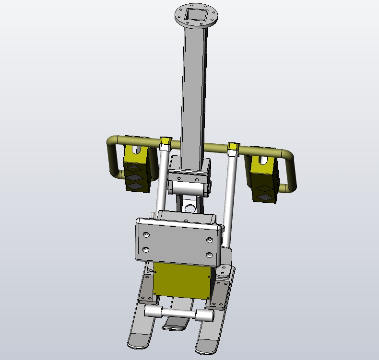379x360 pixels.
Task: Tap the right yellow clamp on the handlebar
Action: click(x=233, y=146)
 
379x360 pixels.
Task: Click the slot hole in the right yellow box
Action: click(x=264, y=160)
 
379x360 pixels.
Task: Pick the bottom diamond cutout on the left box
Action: click(x=136, y=186)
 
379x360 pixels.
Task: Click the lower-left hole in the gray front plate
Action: click(x=145, y=250)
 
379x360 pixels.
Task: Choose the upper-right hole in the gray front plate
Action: click(x=209, y=239)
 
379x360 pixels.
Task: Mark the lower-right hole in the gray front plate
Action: click(x=209, y=255)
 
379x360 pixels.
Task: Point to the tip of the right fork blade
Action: click(x=205, y=349)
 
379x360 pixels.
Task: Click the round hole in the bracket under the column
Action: click(x=190, y=208)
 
